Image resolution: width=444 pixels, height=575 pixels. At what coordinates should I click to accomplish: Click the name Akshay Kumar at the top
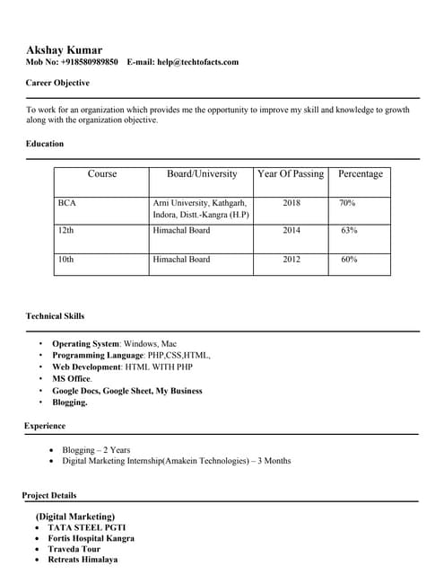[x=64, y=49]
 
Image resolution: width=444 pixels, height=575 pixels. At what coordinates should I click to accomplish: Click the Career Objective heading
[x=57, y=83]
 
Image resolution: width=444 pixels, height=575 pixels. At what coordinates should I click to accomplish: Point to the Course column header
[x=101, y=174]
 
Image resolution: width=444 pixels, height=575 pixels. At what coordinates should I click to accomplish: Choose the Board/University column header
[x=202, y=174]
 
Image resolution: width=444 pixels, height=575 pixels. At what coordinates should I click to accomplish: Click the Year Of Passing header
[x=291, y=174]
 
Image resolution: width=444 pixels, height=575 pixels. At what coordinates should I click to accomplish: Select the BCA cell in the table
[x=67, y=203]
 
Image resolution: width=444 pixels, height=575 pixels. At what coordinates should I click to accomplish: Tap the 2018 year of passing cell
[x=292, y=203]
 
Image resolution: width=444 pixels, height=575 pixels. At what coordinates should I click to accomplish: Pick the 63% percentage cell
[x=349, y=230]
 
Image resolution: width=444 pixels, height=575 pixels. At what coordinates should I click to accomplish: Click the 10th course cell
[x=65, y=259]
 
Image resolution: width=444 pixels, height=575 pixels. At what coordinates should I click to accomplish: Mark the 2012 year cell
[x=292, y=259]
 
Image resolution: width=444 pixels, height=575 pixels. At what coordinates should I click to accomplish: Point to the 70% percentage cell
[x=347, y=203]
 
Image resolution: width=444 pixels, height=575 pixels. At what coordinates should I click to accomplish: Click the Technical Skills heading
[x=56, y=316]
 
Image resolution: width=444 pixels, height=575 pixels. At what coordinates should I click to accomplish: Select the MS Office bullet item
[x=72, y=379]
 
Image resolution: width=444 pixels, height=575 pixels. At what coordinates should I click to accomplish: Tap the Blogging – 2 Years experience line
[x=96, y=449]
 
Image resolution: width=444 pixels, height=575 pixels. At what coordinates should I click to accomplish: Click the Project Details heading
[x=49, y=495]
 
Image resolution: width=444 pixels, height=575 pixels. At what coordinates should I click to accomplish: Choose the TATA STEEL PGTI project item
[x=81, y=527]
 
